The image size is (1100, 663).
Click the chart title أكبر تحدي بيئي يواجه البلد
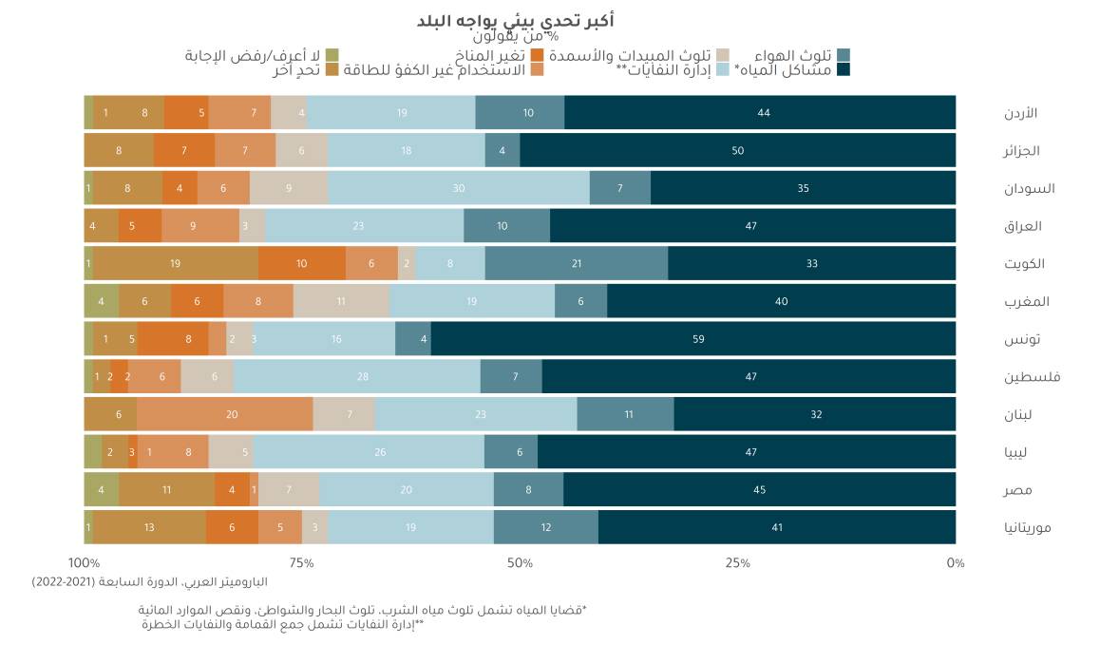click(515, 20)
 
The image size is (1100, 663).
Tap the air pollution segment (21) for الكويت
click(576, 263)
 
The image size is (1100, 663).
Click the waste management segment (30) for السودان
click(459, 188)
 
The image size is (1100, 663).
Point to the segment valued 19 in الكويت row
click(176, 263)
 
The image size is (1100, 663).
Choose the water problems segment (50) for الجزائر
click(737, 150)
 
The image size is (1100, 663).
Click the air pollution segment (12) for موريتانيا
click(545, 527)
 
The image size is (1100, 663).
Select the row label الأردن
click(1020, 113)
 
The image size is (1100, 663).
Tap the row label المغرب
click(1026, 301)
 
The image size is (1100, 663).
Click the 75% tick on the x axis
click(302, 563)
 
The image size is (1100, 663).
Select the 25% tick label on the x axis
click(738, 563)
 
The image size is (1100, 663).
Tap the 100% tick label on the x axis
click(84, 563)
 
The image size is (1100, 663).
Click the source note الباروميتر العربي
click(150, 581)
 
